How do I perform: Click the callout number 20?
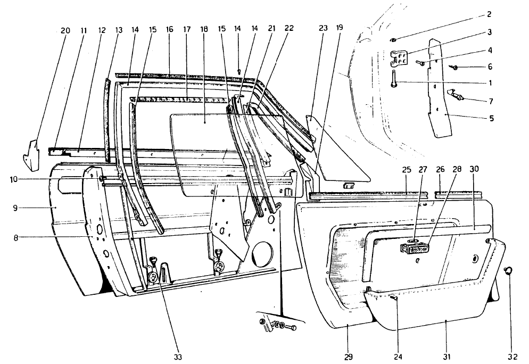65,31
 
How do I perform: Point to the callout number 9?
15,208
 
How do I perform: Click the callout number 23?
323,28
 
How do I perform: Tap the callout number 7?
491,101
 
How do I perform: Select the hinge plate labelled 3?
400,58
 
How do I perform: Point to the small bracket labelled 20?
31,156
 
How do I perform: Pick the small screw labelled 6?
454,68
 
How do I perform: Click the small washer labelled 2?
394,40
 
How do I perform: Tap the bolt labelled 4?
420,62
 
